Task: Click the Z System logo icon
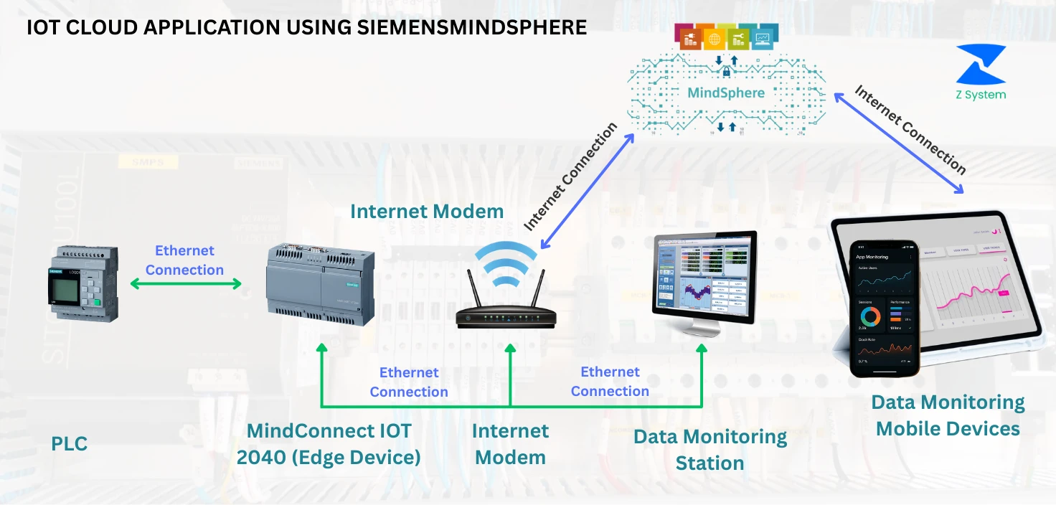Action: point(981,64)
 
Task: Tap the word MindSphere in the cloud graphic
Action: point(726,93)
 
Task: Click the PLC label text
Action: point(69,444)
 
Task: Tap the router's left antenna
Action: point(473,290)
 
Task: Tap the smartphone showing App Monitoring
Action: point(885,308)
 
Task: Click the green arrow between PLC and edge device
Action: point(186,284)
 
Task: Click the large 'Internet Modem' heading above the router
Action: point(427,212)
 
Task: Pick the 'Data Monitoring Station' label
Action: point(709,450)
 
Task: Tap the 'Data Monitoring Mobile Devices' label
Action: point(948,415)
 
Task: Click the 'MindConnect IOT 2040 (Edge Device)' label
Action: point(329,444)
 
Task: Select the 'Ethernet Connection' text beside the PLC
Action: point(185,260)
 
